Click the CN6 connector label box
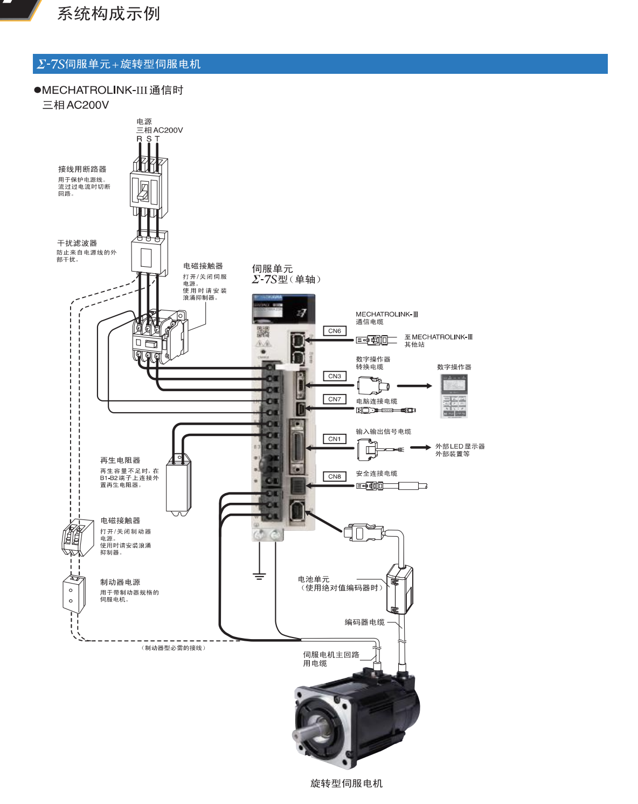tap(335, 331)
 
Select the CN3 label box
tap(335, 376)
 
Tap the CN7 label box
tap(335, 399)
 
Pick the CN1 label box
tap(335, 439)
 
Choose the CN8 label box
tap(335, 476)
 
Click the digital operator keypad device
tap(454, 397)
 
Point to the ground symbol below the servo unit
tap(259, 576)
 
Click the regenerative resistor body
tap(179, 485)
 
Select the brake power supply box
tap(73, 594)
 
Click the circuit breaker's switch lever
tap(144, 192)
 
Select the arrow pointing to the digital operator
tap(414, 386)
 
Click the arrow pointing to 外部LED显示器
tap(420, 447)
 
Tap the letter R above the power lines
tap(140, 139)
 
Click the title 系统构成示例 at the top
tap(108, 13)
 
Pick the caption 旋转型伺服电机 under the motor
tap(346, 784)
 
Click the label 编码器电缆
tap(365, 622)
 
